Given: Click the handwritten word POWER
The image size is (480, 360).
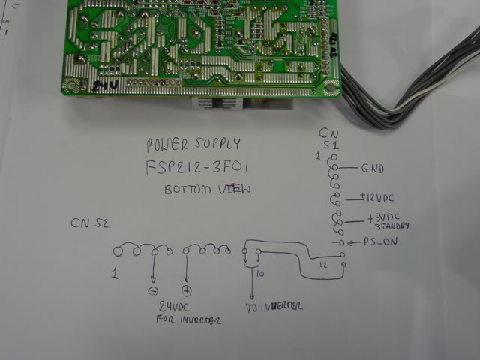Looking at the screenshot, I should pos(167,144).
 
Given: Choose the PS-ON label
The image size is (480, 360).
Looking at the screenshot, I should pos(379,243).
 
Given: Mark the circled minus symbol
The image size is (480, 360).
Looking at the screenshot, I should pos(153,289).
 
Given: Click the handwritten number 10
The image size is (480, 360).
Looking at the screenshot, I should pos(260,274).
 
